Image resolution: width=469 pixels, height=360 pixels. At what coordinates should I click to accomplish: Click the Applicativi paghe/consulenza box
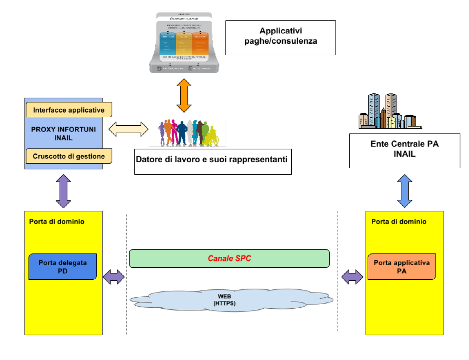coord(280,38)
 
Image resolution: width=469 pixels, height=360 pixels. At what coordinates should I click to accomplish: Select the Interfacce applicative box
coord(69,110)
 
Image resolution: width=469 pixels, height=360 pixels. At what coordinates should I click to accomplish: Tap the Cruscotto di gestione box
coord(69,156)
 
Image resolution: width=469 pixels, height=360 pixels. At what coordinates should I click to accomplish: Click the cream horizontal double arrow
coord(129,129)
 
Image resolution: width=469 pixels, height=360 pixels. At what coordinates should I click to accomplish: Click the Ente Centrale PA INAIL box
coord(404,149)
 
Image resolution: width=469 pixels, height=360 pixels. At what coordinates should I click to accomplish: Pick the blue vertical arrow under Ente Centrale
coord(404,190)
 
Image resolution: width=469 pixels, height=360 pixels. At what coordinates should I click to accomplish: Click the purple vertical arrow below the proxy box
coord(63,191)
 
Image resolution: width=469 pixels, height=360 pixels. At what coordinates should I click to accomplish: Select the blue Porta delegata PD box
coord(63,267)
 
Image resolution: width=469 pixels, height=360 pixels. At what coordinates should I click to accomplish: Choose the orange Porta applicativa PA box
coord(401,267)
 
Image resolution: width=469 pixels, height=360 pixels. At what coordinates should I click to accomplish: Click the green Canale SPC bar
coord(229,259)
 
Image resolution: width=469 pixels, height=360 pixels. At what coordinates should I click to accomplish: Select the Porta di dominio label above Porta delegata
coord(57,222)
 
